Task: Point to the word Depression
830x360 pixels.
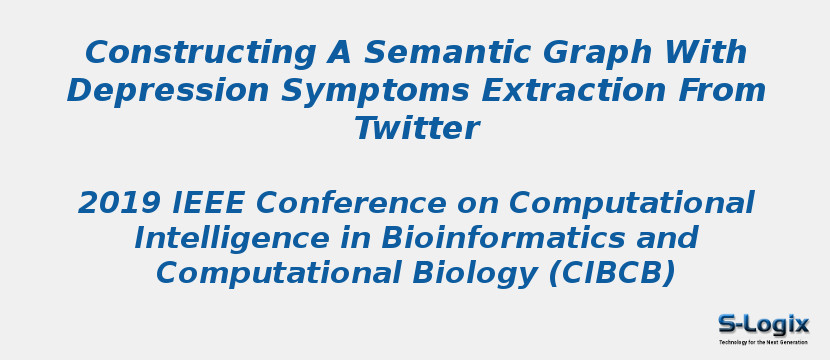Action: click(168, 91)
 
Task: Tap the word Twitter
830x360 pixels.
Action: click(416, 129)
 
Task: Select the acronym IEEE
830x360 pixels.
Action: click(208, 203)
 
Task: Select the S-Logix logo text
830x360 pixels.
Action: click(763, 324)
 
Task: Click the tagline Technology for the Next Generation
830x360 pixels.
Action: click(763, 342)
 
